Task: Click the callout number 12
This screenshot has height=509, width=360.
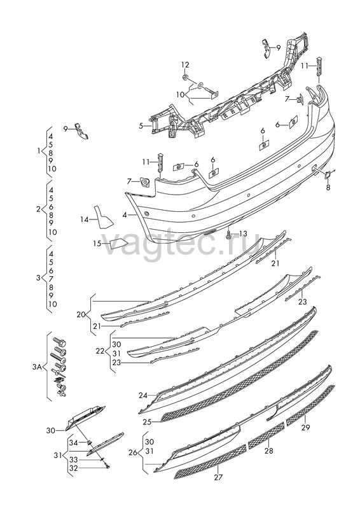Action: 185,65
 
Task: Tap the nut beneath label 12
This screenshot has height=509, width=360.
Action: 184,77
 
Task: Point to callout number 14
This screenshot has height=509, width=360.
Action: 85,220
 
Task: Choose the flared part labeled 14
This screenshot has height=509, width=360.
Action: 104,216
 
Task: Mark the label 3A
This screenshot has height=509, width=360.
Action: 37,367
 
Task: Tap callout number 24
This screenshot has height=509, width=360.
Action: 143,395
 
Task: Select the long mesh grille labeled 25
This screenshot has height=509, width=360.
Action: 240,376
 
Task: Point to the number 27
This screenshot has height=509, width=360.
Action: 218,477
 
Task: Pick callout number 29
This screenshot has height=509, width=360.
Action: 305,427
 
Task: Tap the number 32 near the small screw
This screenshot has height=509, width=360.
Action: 74,468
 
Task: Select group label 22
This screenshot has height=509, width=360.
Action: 100,351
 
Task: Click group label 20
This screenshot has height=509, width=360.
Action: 81,314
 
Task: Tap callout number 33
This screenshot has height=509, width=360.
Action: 74,460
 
